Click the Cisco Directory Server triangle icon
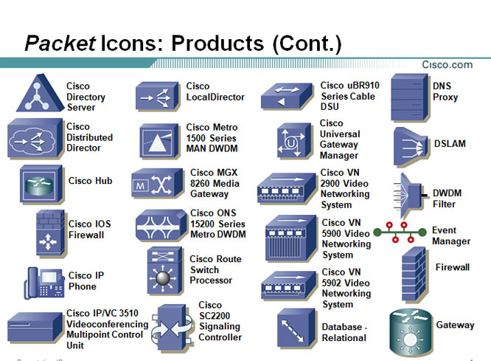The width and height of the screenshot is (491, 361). (40, 94)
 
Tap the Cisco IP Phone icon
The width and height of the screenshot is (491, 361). (44, 283)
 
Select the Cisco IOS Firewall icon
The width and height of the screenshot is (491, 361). (50, 233)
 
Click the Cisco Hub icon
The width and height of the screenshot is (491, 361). (41, 185)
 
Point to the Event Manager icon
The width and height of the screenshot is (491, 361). (400, 232)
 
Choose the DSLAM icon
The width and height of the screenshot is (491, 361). (411, 146)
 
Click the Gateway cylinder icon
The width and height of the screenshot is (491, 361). (411, 333)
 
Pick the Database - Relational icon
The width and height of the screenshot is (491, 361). (296, 328)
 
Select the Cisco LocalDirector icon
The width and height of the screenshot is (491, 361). (158, 96)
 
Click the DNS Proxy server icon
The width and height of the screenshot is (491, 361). (410, 97)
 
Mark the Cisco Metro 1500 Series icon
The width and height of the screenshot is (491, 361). (160, 141)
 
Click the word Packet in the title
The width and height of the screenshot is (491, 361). (60, 43)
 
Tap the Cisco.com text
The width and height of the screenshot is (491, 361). (448, 65)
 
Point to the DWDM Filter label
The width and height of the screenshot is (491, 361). (447, 199)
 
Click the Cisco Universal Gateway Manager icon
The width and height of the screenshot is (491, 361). (295, 141)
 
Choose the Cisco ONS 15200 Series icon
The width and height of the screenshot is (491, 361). (161, 225)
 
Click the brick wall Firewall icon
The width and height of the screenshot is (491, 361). (414, 275)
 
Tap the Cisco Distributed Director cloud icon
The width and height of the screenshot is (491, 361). (35, 138)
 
